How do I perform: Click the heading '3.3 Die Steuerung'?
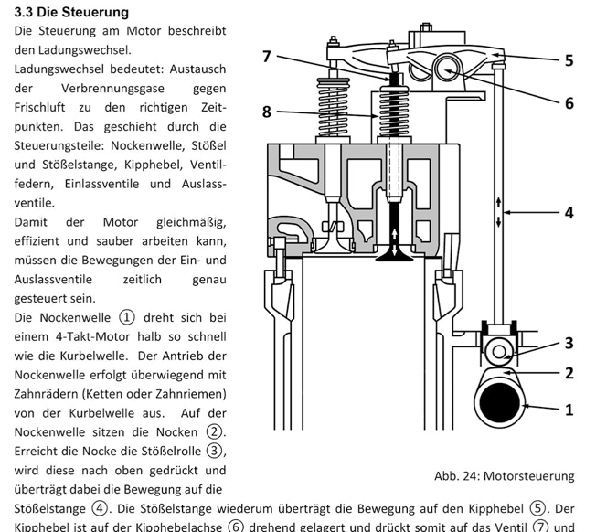(x=71, y=12)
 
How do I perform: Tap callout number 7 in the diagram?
(x=266, y=57)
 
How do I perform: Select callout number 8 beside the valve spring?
(x=266, y=112)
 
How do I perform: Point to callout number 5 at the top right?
(x=569, y=61)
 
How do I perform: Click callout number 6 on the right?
(x=569, y=103)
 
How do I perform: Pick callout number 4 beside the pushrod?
(x=569, y=212)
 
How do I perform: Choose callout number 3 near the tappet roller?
(x=569, y=343)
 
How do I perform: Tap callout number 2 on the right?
(x=569, y=372)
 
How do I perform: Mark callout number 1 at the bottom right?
(x=569, y=409)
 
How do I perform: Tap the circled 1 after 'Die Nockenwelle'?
(x=126, y=317)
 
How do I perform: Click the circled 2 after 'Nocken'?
(x=216, y=431)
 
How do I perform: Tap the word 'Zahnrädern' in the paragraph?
(x=49, y=394)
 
